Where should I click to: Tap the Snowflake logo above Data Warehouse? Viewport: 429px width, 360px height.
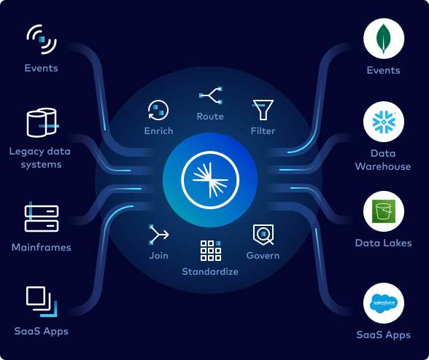coord(384,122)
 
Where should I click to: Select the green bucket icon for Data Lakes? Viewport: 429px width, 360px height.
coord(384,211)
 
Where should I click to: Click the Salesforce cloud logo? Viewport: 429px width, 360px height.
coord(384,304)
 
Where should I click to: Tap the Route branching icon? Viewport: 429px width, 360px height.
coord(211,95)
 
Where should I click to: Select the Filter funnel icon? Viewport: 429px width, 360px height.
coord(262,110)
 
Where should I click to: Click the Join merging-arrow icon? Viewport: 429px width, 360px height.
coord(158,234)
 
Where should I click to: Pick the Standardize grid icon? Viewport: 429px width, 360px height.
coord(210,250)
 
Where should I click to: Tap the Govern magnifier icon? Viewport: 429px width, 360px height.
coord(263,234)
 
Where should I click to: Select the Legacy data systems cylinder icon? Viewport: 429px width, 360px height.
coord(42,123)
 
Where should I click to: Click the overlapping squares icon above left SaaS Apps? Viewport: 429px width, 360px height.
coord(40,301)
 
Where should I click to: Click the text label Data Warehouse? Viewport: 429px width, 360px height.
coord(383,160)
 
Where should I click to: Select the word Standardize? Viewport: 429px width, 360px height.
coord(210,272)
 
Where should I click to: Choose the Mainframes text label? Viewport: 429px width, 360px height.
coord(42,247)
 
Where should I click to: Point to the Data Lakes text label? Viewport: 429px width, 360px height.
coord(383,243)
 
